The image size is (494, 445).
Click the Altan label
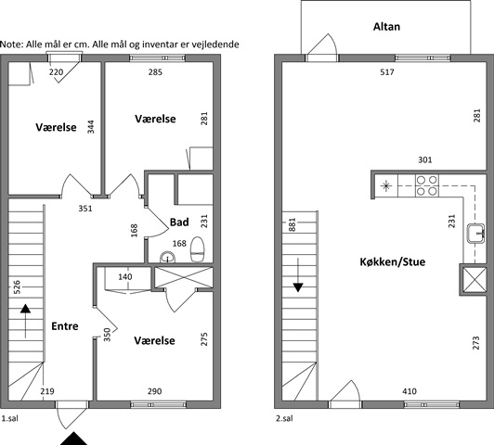[x=386, y=27]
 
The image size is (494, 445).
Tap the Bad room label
[x=179, y=222]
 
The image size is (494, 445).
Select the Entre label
[x=65, y=326]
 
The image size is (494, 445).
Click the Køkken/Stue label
[x=393, y=261]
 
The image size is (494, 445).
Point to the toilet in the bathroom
[x=198, y=249]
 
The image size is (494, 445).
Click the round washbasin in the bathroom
[x=167, y=257]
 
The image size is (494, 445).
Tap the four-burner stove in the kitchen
[x=427, y=185]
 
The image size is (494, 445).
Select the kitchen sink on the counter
[x=475, y=234]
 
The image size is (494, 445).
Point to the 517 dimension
[x=387, y=72]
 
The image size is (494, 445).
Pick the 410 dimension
[x=409, y=391]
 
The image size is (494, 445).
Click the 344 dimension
[x=91, y=127]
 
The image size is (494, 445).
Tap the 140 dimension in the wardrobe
[x=125, y=277]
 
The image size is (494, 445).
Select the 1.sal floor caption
[x=10, y=419]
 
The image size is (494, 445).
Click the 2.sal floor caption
[x=284, y=419]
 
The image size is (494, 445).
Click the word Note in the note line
[x=11, y=44]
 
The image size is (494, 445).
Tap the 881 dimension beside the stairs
[x=292, y=224]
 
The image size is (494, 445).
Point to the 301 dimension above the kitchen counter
[x=425, y=160]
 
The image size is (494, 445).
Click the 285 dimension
[x=155, y=72]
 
